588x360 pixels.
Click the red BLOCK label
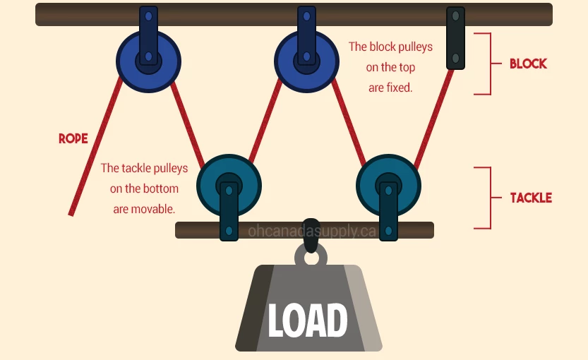(x=528, y=64)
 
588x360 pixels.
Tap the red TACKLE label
(x=531, y=198)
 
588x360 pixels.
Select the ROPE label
(x=73, y=139)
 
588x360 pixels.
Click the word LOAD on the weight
(x=308, y=321)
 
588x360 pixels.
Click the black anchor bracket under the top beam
(x=456, y=39)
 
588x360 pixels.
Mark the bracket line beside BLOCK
(x=488, y=64)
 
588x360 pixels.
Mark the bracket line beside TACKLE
(x=488, y=198)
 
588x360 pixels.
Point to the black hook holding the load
(x=311, y=239)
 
